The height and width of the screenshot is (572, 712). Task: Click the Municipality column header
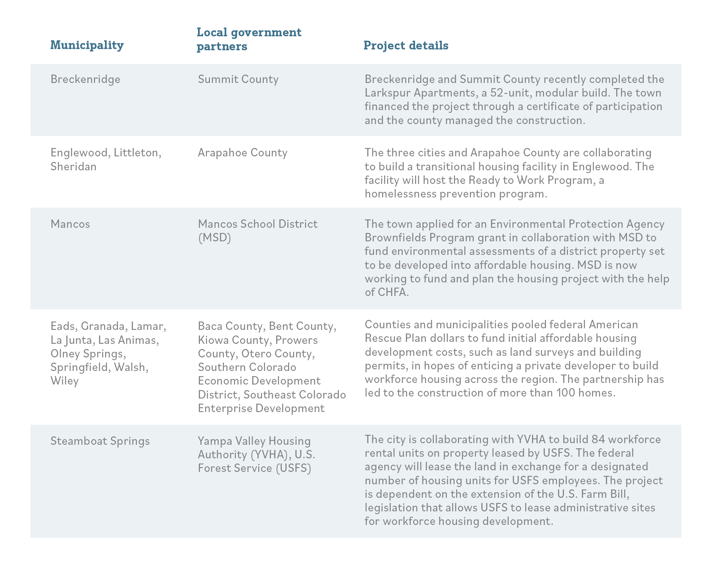tap(87, 45)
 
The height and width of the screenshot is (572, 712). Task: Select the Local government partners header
tap(249, 39)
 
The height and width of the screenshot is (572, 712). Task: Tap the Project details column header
tap(406, 45)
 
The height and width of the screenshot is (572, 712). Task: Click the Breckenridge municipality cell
tap(85, 79)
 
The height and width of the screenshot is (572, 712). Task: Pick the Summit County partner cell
tap(238, 79)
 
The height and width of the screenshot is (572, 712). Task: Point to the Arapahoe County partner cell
tap(243, 153)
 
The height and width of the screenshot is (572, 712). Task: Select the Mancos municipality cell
tap(70, 224)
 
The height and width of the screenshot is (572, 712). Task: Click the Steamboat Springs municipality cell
tap(100, 441)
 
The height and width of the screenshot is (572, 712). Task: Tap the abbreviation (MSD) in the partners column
tap(215, 238)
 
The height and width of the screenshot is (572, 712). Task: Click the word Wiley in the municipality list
tap(65, 381)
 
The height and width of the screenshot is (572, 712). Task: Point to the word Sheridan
tap(73, 166)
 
